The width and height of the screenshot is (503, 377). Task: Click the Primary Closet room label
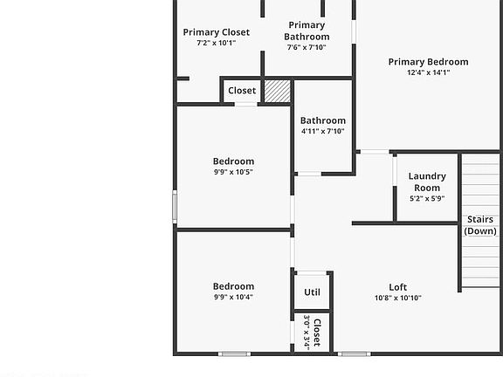tap(216, 32)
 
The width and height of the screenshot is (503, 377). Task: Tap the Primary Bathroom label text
tap(307, 31)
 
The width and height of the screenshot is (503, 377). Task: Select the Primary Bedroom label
tap(428, 62)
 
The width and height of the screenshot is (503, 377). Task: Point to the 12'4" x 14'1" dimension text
tap(428, 73)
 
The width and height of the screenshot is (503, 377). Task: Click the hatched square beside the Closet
tap(278, 92)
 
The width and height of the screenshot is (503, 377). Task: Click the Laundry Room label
tap(427, 182)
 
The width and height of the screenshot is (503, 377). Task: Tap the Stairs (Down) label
tap(480, 225)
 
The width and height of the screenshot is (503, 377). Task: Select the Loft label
tap(397, 287)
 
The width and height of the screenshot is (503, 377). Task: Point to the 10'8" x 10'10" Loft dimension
tap(397, 298)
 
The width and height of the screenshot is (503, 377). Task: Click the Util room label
tap(312, 292)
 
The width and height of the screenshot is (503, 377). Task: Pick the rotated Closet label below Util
tap(317, 332)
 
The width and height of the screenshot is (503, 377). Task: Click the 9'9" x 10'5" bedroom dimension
tap(233, 172)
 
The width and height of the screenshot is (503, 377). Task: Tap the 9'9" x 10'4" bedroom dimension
tap(233, 297)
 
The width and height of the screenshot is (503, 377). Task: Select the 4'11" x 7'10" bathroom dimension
tap(322, 132)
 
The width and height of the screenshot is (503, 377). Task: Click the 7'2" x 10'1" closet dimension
tap(216, 43)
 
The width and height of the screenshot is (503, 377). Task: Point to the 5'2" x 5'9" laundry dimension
tap(427, 198)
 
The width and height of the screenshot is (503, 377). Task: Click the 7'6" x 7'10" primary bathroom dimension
tap(307, 47)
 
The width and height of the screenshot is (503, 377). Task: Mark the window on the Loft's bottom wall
tap(355, 353)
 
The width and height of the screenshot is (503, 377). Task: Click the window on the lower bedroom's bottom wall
tap(234, 353)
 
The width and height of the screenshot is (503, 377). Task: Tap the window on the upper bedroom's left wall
tap(175, 207)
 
